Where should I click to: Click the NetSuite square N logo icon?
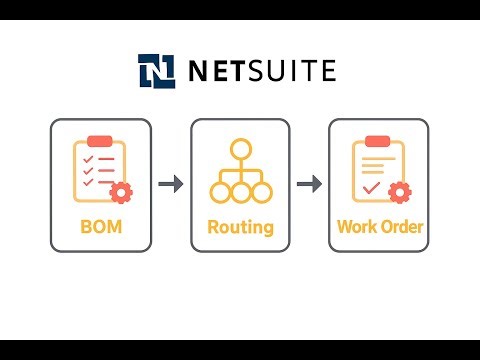pos(156,72)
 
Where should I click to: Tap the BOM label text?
pos(100,227)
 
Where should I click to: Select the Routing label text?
pos(240,227)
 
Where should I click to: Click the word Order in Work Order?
pos(402,227)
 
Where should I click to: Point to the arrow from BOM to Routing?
pos(170,184)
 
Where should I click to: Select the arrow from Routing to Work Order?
pos(310,184)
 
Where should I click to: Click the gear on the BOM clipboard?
pos(122,192)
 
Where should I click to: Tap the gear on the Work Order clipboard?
pos(400,192)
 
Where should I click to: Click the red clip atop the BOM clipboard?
pos(99,142)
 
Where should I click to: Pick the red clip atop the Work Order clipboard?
pos(378,142)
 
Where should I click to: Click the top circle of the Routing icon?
pos(239,150)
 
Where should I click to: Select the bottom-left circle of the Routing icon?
pos(219,192)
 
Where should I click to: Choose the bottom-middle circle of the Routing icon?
pos(239,192)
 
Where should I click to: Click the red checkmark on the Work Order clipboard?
pos(371,187)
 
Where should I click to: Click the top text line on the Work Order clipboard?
pos(377,158)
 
